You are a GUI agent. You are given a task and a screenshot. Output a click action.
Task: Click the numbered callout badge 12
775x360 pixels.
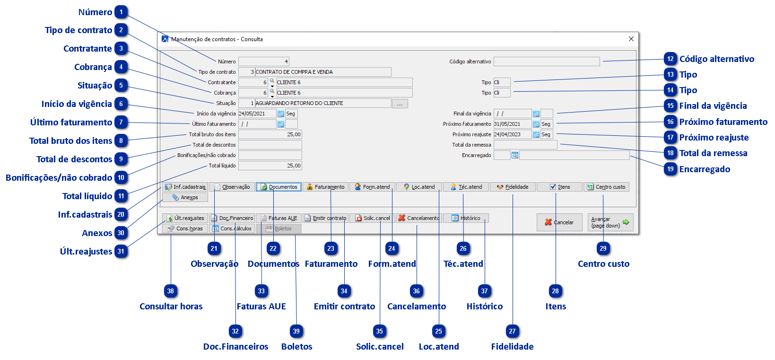pos(671,59)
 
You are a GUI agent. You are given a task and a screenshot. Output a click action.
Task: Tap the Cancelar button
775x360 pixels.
pos(559,222)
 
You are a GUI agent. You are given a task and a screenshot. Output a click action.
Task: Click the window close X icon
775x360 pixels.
pos(631,39)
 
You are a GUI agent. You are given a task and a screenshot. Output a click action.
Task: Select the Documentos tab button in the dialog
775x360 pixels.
pos(279,187)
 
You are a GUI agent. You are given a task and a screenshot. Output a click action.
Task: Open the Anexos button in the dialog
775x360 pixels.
pos(185,197)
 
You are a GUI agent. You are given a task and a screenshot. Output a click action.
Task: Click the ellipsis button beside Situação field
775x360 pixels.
pos(400,104)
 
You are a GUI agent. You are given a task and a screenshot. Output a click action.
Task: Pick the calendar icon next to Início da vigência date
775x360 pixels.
pos(280,114)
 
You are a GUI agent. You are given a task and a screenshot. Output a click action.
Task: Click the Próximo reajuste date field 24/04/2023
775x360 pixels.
pos(512,134)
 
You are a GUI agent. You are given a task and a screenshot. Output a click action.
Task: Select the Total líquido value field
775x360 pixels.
pos(270,166)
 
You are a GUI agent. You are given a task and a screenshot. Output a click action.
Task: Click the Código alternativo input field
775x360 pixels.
pos(547,61)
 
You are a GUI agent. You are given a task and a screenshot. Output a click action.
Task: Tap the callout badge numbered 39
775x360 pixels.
pos(296,331)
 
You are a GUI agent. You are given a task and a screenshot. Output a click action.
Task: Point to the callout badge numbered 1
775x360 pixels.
pos(121,12)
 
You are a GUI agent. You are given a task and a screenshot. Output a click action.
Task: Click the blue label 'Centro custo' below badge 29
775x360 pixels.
pos(603,264)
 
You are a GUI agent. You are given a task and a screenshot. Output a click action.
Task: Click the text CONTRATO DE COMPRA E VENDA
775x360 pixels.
pos(294,72)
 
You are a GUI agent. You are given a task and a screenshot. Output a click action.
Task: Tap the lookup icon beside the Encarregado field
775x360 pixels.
pos(515,155)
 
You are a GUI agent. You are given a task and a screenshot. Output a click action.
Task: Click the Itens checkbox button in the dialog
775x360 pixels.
pos(560,187)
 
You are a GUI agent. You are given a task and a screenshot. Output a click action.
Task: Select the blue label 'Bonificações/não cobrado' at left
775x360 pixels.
pos(59,178)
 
